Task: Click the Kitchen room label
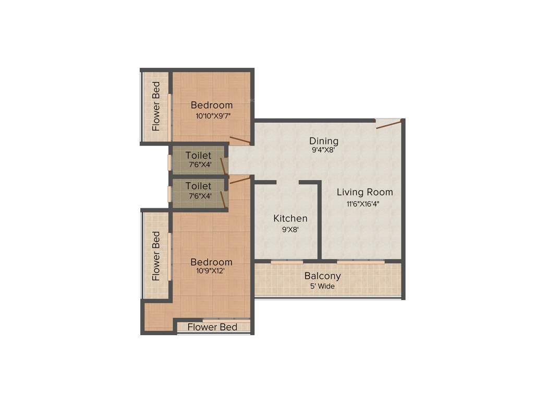(x=290, y=218)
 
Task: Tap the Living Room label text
(x=365, y=192)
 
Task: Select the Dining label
(x=324, y=141)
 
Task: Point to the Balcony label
(x=323, y=276)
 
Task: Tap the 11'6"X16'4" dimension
(x=365, y=204)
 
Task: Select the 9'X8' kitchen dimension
(x=290, y=229)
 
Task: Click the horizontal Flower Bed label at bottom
(x=212, y=327)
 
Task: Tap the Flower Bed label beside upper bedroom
(x=156, y=106)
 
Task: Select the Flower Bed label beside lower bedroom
(x=156, y=256)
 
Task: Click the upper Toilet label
(x=199, y=156)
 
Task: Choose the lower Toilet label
(x=199, y=186)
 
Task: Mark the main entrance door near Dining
(x=389, y=124)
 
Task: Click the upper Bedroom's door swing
(x=240, y=139)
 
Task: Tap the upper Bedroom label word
(x=212, y=105)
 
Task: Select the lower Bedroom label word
(x=211, y=262)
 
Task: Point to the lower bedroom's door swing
(x=240, y=179)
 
